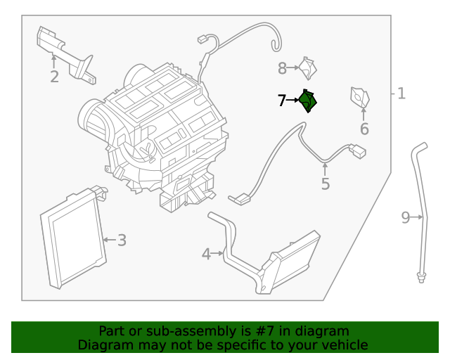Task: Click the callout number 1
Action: pos(401,93)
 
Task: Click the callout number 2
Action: pos(54,77)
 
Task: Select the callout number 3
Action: pos(122,240)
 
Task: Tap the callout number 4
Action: pos(206,254)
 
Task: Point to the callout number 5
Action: pos(325,184)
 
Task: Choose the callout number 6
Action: pos(364,129)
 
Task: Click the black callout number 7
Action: pos(281,101)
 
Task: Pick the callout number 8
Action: pos(282,68)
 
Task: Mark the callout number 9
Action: pos(405,218)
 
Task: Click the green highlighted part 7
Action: pos(308,101)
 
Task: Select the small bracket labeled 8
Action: pos(308,67)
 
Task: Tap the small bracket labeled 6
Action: pos(360,98)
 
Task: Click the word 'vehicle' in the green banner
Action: pos(343,345)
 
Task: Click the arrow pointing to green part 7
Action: pos(292,101)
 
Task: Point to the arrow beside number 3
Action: pos(108,240)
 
